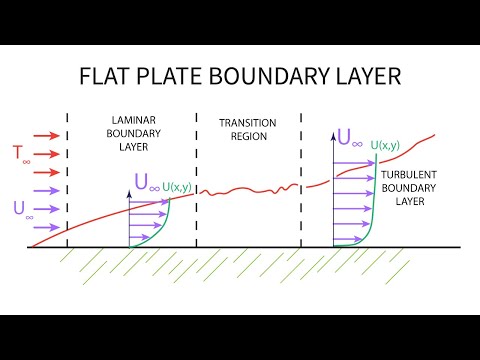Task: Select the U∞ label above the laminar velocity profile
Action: pos(146,184)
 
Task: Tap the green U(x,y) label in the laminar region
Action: pos(179,186)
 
